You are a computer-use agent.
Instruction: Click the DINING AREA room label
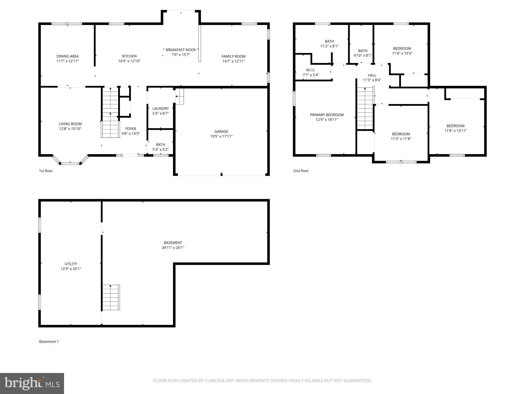[x=67, y=56]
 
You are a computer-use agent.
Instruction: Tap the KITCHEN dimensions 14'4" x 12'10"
[x=129, y=61]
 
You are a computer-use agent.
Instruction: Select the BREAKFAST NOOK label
[x=181, y=50]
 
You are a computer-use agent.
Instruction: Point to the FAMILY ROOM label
[x=233, y=56]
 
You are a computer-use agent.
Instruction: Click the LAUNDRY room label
[x=160, y=108]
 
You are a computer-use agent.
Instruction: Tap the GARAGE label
[x=221, y=131]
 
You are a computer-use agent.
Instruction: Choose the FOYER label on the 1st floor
[x=130, y=129]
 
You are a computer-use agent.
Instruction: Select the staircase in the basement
[x=111, y=297]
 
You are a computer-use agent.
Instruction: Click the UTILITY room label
[x=71, y=264]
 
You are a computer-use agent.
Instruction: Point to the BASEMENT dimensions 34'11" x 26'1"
[x=173, y=247]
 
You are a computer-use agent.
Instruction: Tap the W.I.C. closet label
[x=311, y=70]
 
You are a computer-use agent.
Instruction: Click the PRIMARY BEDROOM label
[x=327, y=115]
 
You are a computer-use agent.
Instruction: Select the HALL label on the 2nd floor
[x=372, y=75]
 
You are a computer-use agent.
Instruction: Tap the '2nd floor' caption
[x=301, y=171]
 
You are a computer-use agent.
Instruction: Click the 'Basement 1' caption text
[x=49, y=341]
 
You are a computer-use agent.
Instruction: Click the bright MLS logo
[x=32, y=383]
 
